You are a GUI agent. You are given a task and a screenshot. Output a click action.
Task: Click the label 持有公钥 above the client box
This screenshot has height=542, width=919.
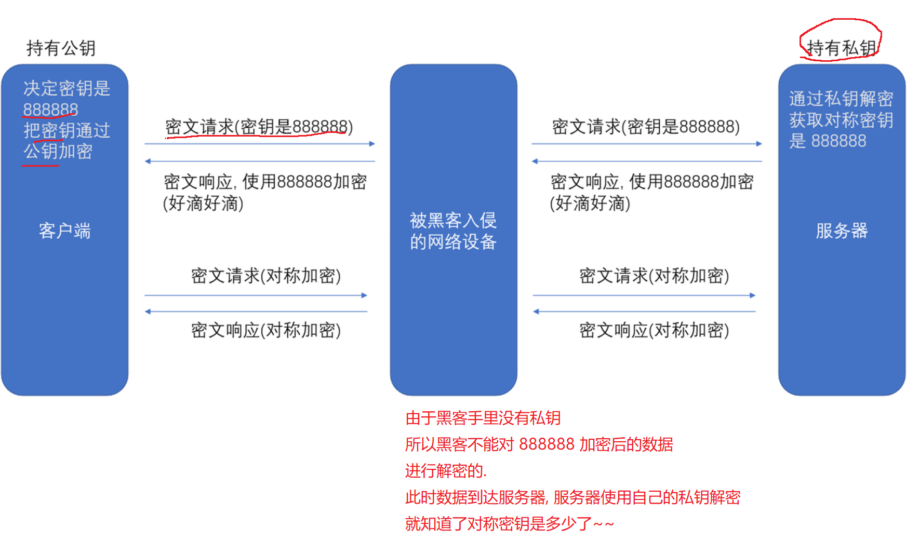point(61,48)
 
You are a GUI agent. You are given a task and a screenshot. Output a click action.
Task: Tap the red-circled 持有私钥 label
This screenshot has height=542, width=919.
point(842,48)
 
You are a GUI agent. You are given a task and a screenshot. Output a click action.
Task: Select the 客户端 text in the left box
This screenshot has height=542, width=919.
point(64,231)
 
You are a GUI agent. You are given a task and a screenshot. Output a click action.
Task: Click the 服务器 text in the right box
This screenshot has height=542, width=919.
point(842,231)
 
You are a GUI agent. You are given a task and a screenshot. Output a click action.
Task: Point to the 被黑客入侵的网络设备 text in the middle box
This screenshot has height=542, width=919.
point(453,231)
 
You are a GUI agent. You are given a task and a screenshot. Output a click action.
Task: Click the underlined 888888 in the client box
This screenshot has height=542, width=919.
point(50,110)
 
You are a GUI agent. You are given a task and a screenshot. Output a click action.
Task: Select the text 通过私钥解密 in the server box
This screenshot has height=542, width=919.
point(841,99)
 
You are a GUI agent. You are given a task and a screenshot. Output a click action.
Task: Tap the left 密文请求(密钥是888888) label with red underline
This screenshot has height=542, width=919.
point(259,127)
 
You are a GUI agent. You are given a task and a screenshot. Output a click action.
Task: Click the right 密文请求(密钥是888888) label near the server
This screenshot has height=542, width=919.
point(646,127)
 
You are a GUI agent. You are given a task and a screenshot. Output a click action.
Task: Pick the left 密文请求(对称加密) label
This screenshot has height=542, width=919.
point(265,276)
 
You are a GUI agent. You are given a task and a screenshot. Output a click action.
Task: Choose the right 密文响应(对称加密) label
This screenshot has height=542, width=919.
point(654,330)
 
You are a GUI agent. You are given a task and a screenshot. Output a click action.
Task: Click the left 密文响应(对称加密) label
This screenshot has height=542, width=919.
point(265,330)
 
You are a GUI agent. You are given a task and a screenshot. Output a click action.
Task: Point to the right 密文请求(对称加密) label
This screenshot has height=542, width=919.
point(654,276)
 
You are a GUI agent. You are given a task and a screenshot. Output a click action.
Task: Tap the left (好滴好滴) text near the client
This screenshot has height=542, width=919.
point(203,203)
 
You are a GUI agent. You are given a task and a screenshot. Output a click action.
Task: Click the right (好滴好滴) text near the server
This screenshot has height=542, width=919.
point(590,203)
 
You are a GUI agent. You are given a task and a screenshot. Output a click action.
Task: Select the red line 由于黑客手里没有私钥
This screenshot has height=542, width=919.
point(483,418)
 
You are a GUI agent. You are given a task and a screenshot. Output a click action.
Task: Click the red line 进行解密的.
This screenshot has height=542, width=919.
point(446,471)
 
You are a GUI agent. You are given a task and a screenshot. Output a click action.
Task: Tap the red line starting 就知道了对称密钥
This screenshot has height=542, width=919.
point(509,524)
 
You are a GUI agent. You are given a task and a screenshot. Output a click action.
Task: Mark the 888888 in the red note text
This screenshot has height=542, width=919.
point(547,444)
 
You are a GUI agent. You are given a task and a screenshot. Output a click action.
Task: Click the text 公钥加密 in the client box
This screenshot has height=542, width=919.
point(58,152)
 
